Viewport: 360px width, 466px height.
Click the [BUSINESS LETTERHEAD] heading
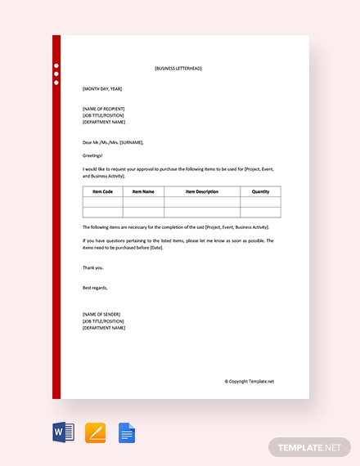[178, 69]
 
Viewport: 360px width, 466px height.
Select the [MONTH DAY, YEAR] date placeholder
[102, 88]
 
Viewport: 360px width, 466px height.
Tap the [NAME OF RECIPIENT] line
[104, 109]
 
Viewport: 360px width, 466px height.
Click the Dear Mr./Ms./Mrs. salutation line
[113, 142]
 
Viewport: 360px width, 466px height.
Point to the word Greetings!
[94, 155]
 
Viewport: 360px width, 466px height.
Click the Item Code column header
[102, 191]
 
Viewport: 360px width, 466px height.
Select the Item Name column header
[143, 191]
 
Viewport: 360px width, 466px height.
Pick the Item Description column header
[202, 191]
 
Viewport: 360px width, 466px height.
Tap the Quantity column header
[260, 191]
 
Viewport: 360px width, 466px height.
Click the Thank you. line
[93, 267]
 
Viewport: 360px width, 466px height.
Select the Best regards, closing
[95, 288]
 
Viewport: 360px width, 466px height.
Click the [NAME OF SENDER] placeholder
[101, 315]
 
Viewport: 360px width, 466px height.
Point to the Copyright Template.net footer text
[250, 381]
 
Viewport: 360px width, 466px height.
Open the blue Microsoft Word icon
[63, 432]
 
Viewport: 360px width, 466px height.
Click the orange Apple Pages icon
[95, 432]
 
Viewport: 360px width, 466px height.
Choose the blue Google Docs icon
[127, 432]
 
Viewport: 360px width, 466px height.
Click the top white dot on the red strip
[56, 65]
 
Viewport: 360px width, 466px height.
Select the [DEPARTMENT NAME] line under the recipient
[104, 122]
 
